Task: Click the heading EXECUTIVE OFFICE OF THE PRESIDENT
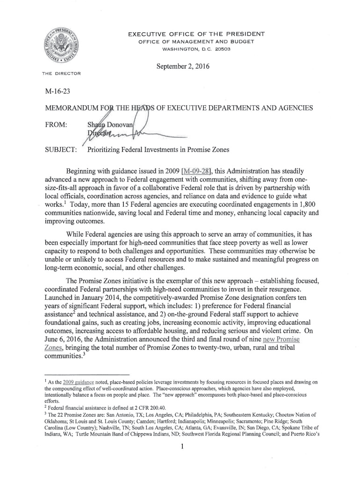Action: (x=196, y=34)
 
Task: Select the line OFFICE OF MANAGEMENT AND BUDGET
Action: (x=196, y=42)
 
